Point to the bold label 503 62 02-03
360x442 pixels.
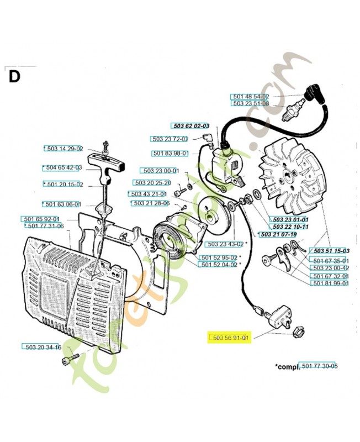[x=191, y=125]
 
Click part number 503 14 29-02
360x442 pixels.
[x=65, y=148]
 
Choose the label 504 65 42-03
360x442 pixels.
[x=63, y=167]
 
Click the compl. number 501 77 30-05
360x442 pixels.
[x=318, y=365]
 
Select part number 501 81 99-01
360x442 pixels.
[x=330, y=283]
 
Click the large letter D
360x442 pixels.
[x=14, y=76]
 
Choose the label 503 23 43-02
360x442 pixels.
[x=225, y=244]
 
